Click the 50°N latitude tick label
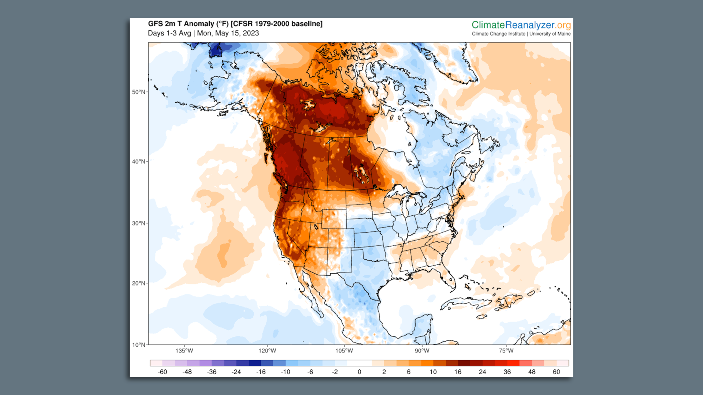coord(138,92)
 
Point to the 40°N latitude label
coord(138,161)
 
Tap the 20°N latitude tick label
coord(138,283)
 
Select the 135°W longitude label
coord(184,351)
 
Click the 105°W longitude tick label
coord(344,351)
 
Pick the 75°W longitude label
coord(506,351)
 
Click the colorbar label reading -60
coord(162,372)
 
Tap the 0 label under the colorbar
coord(359,372)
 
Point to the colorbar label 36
coord(507,372)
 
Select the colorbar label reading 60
coord(556,372)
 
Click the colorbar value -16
coord(261,372)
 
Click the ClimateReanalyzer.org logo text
coord(521,25)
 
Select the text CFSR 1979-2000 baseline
coord(276,24)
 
